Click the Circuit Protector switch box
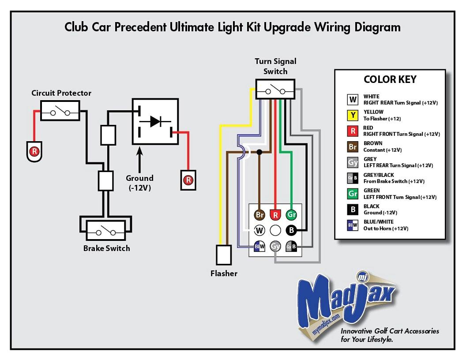click(60, 110)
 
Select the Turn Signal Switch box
click(275, 89)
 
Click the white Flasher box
click(223, 255)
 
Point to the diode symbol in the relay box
click(155, 121)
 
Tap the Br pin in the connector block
click(259, 215)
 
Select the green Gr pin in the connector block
click(291, 215)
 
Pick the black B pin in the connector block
click(291, 230)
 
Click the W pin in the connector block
click(259, 230)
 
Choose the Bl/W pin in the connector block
click(259, 246)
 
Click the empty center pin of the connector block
click(275, 230)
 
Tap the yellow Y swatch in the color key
click(353, 115)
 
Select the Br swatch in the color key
click(353, 147)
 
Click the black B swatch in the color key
click(353, 210)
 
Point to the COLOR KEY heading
click(390, 79)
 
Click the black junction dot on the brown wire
click(259, 152)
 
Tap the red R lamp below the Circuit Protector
click(34, 152)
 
